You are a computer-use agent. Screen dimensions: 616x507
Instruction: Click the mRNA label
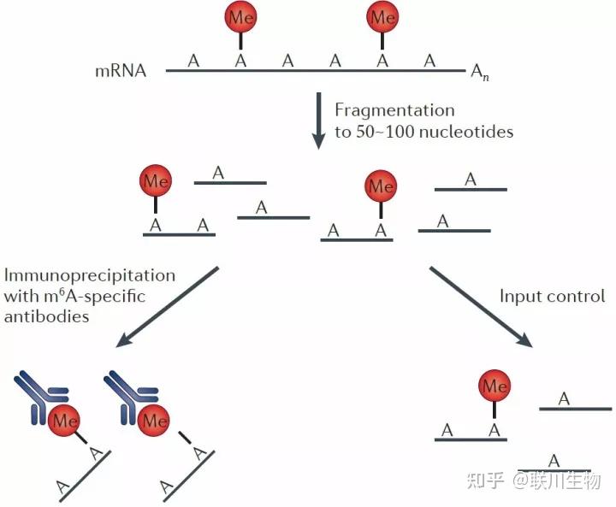click(x=121, y=71)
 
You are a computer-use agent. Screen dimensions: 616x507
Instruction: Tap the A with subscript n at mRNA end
click(x=480, y=73)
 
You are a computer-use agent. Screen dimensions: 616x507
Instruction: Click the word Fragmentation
click(x=394, y=110)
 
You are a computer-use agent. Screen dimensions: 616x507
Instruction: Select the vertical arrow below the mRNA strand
click(x=318, y=121)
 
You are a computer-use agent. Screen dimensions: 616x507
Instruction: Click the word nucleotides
click(x=466, y=131)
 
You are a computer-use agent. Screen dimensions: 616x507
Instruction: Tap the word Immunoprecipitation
click(x=90, y=275)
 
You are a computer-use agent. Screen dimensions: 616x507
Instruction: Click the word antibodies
click(x=46, y=316)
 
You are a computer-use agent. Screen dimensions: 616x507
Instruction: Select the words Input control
click(x=552, y=296)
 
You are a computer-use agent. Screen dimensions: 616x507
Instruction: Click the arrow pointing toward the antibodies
click(x=167, y=307)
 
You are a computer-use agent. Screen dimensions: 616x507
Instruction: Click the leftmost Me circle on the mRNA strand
click(x=240, y=17)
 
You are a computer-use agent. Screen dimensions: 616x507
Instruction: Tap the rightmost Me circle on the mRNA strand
click(x=382, y=17)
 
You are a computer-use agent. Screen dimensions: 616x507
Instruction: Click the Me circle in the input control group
click(x=495, y=386)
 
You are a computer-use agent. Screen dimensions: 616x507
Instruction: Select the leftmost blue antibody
click(x=41, y=398)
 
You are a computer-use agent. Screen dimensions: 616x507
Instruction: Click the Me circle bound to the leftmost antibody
click(x=63, y=420)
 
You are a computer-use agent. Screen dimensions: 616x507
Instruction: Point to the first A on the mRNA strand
click(x=193, y=61)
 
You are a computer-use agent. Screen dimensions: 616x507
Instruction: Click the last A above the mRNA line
click(x=429, y=61)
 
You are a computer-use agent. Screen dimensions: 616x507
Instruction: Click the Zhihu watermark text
click(x=534, y=480)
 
